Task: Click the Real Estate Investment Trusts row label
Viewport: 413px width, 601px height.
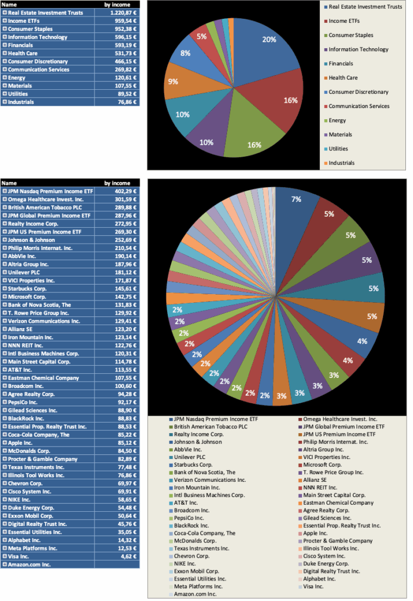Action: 46,12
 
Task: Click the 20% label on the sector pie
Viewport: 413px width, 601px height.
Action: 269,40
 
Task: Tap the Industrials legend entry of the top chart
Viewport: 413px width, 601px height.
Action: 341,163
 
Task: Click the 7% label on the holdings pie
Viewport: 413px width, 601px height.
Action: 296,200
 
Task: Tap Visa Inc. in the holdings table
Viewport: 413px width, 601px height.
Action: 24,556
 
